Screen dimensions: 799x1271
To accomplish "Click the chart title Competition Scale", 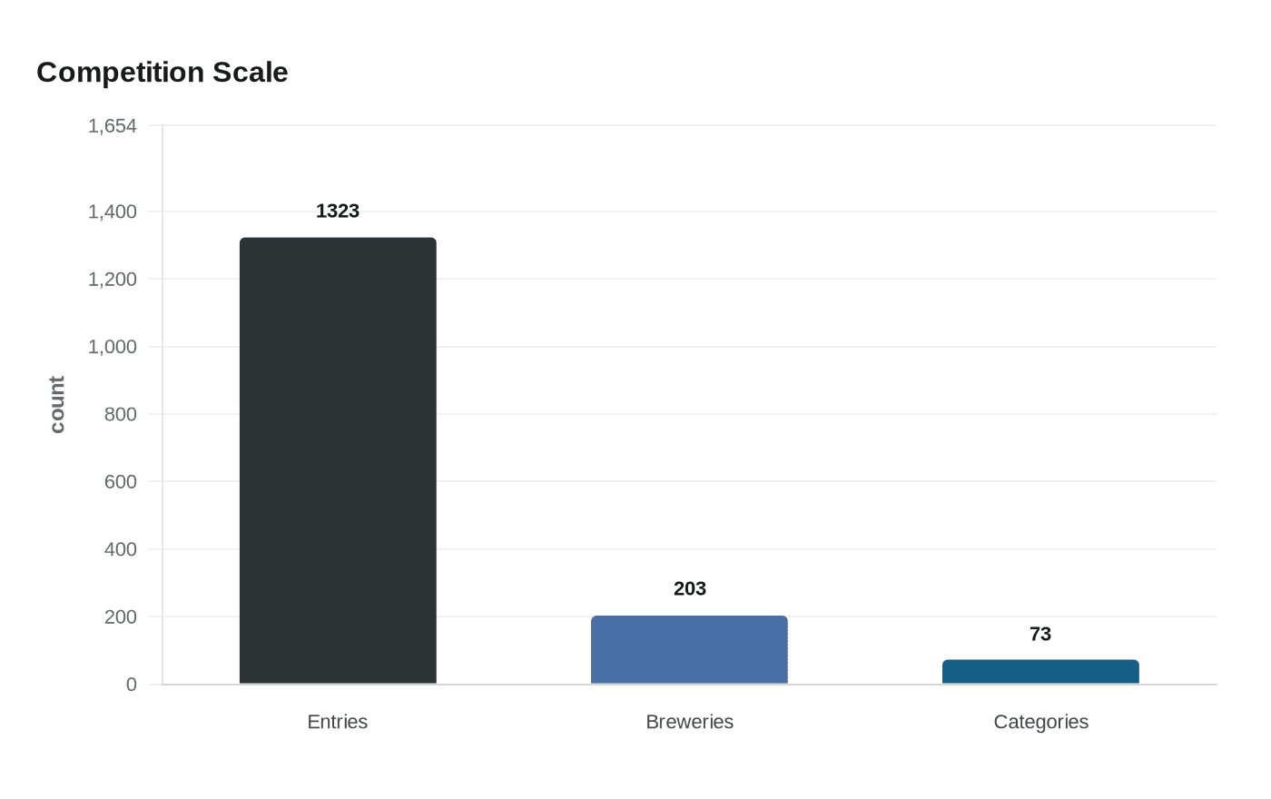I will coord(163,73).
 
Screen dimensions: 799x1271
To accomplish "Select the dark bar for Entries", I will coord(338,460).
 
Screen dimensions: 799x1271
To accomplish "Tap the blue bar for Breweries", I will coord(689,650).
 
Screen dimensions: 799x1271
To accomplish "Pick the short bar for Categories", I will coord(1040,672).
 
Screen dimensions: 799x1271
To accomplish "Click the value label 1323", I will coord(338,212).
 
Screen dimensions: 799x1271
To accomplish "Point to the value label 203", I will coord(690,589).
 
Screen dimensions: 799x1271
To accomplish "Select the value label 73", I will coord(1040,635).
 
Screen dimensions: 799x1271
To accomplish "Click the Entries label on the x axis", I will coord(338,722).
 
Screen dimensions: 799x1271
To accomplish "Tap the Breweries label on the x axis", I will coord(689,722).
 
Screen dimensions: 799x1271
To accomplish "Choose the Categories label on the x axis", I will coord(1040,722).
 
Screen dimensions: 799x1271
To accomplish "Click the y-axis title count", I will coord(57,405).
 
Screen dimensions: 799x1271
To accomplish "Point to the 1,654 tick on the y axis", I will coord(113,126).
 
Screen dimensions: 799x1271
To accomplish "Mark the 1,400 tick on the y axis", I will coord(113,212).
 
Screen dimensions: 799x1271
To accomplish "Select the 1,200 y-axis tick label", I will coord(113,280).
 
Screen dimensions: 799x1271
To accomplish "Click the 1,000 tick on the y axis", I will coord(113,347).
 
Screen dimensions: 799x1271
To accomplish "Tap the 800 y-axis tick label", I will coord(120,414).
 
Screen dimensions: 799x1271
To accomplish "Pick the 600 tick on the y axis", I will coord(120,482).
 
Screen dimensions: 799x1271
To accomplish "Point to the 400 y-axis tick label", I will coord(120,549).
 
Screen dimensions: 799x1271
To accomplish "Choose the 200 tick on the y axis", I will coord(120,617).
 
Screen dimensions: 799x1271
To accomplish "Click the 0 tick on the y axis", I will coord(132,685).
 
